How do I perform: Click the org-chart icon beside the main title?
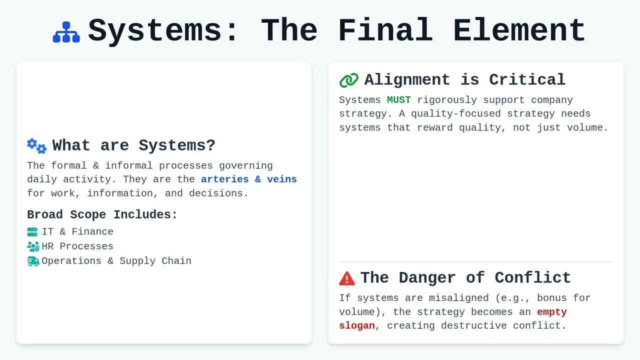(66, 32)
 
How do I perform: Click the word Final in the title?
(385, 30)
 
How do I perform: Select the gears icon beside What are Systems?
(37, 146)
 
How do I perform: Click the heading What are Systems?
(133, 145)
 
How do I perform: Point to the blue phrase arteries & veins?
(248, 179)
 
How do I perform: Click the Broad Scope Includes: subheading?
(102, 214)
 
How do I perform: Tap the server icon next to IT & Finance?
(32, 232)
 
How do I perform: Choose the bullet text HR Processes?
(77, 246)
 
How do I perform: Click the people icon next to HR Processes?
(33, 246)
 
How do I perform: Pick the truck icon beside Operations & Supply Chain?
(33, 261)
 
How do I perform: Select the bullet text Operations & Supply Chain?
(116, 261)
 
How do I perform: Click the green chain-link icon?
(348, 80)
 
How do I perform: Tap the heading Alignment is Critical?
(464, 80)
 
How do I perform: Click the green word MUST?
(398, 100)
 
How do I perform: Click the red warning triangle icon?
(346, 278)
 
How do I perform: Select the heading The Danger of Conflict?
(465, 278)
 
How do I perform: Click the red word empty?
(551, 312)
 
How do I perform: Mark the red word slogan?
(356, 326)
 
